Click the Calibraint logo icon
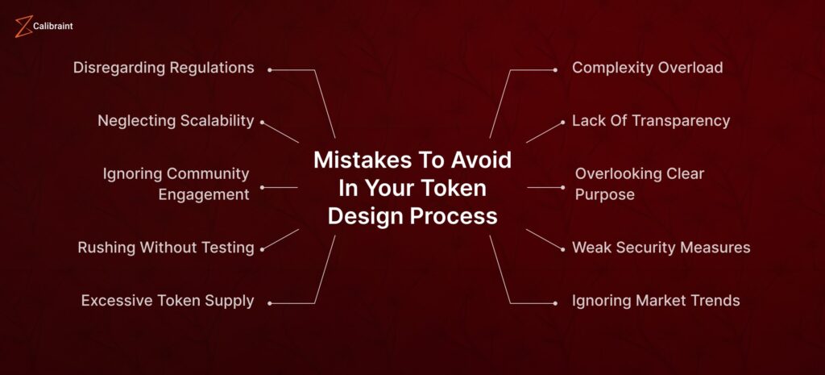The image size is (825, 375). tap(23, 27)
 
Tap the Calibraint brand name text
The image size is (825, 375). tap(52, 26)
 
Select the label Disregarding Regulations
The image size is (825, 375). tap(164, 68)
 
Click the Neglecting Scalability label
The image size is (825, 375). tap(176, 121)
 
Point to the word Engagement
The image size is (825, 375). tap(204, 194)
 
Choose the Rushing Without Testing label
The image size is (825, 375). tap(166, 248)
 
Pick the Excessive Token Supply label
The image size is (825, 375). tap(168, 301)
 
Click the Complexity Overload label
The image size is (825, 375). tap(647, 68)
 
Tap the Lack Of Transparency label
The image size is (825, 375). tap(651, 121)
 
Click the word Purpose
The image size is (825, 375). tap(604, 195)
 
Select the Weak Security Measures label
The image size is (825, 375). tap(661, 248)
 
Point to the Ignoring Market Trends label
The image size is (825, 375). tap(656, 301)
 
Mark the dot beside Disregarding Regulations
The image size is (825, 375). tap(269, 70)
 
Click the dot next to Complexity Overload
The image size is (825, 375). tap(555, 70)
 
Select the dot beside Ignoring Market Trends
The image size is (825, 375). tap(555, 303)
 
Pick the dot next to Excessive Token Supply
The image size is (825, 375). tap(269, 303)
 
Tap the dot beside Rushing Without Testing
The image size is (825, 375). tap(262, 250)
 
